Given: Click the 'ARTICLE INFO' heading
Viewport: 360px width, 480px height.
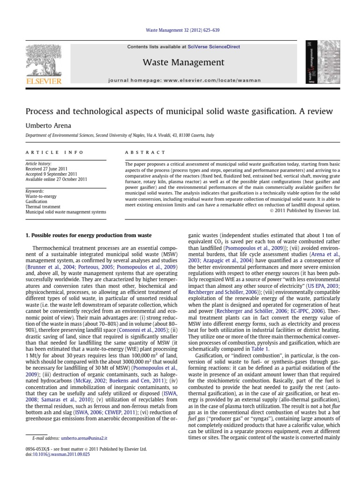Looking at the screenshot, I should pyautogui.click(x=54, y=152).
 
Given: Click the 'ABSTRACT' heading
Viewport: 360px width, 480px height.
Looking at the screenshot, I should pyautogui.click(x=146, y=152).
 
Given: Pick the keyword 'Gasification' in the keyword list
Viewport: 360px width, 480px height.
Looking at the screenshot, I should pyautogui.click(x=37, y=201).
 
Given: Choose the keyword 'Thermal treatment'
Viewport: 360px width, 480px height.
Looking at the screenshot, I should pyautogui.click(x=43, y=206).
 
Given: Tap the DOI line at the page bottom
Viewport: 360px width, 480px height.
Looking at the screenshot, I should pyautogui.click(x=51, y=453).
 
